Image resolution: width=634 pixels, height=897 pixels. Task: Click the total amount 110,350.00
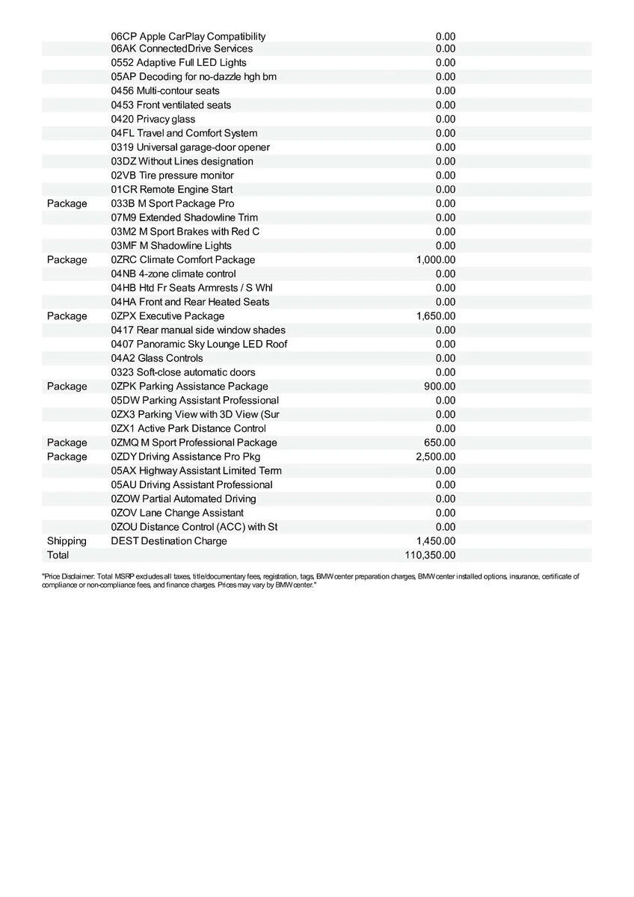pyautogui.click(x=429, y=555)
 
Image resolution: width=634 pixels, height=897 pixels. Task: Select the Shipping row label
pyautogui.click(x=67, y=541)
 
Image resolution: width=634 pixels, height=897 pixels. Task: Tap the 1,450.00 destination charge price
pyautogui.click(x=435, y=541)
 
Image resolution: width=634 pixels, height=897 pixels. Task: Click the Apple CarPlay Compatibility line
pyautogui.click(x=188, y=37)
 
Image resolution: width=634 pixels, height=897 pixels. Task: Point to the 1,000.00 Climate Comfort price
pyautogui.click(x=435, y=260)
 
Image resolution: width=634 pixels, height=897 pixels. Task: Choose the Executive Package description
pyautogui.click(x=167, y=316)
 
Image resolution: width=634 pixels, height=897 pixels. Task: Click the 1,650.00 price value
pyautogui.click(x=435, y=316)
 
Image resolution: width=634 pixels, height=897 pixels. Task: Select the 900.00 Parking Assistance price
pyautogui.click(x=440, y=386)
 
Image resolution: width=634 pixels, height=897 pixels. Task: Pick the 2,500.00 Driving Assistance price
pyautogui.click(x=435, y=457)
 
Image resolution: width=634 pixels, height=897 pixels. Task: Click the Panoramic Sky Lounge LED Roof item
pyautogui.click(x=199, y=345)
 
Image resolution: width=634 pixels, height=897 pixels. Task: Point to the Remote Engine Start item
pyautogui.click(x=172, y=190)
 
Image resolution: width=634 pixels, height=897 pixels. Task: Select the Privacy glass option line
pyautogui.click(x=153, y=120)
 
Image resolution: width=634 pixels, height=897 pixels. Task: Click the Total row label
pyautogui.click(x=58, y=555)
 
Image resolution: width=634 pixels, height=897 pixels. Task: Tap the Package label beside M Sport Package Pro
pyautogui.click(x=67, y=204)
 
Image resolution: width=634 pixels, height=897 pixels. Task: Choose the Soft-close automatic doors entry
pyautogui.click(x=183, y=372)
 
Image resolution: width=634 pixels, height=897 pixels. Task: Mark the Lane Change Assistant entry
pyautogui.click(x=177, y=513)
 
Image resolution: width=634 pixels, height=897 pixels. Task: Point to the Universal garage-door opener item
pyautogui.click(x=191, y=147)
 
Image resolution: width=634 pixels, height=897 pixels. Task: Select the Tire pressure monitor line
pyautogui.click(x=173, y=176)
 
